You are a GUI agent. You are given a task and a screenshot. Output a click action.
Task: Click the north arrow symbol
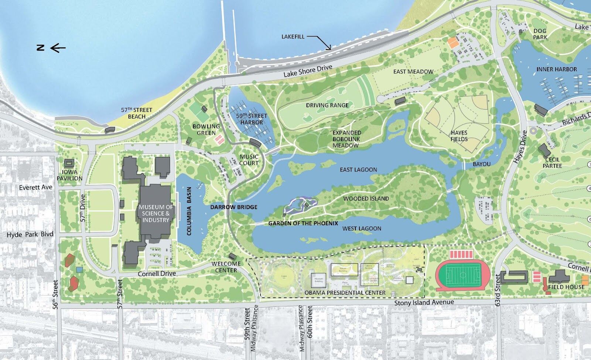click(51, 47)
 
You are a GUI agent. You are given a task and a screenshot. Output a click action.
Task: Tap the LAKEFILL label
click(293, 37)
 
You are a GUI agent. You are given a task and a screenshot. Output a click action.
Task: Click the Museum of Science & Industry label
click(156, 213)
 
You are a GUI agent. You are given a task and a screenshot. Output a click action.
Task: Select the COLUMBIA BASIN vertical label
click(189, 211)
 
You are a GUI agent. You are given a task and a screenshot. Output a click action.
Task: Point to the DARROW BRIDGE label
click(234, 207)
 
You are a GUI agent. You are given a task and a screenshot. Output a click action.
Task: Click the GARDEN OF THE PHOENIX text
click(303, 223)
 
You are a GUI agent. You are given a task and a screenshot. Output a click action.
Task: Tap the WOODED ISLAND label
click(366, 199)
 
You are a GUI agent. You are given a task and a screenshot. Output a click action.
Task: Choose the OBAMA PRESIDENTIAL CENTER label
click(345, 293)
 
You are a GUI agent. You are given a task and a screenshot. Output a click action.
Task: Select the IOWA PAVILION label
click(69, 175)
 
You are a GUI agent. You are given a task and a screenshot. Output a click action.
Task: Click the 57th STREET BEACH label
click(137, 113)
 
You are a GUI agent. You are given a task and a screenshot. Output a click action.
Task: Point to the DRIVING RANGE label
click(327, 105)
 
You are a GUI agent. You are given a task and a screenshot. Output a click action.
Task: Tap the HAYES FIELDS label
click(459, 136)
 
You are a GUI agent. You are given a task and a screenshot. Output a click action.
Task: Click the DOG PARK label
click(540, 34)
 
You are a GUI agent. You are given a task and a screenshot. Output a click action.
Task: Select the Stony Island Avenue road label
click(424, 303)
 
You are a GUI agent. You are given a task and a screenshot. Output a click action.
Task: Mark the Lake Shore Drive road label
click(308, 71)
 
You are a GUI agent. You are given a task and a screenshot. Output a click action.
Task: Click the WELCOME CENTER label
click(226, 267)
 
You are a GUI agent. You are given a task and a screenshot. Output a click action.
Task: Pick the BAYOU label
click(482, 164)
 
